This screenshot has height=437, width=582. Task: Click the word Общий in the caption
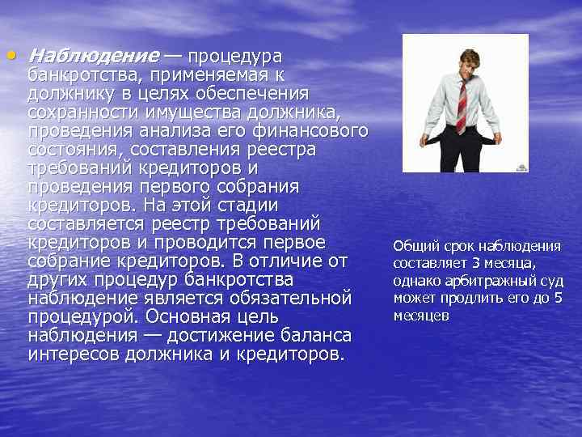(x=415, y=246)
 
